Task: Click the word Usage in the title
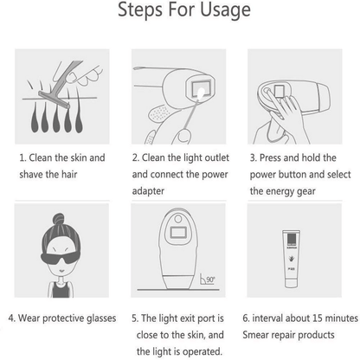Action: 225,10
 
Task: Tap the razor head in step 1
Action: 55,100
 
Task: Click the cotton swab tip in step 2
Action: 201,93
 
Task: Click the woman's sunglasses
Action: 61,258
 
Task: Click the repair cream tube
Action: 292,259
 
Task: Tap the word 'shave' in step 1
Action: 31,174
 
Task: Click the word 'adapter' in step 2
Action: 148,191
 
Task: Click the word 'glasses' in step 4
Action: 101,318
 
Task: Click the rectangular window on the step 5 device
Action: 179,232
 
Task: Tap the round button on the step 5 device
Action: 178,219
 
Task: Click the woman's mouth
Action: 61,271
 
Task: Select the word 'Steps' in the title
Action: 141,10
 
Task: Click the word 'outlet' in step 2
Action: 216,157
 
